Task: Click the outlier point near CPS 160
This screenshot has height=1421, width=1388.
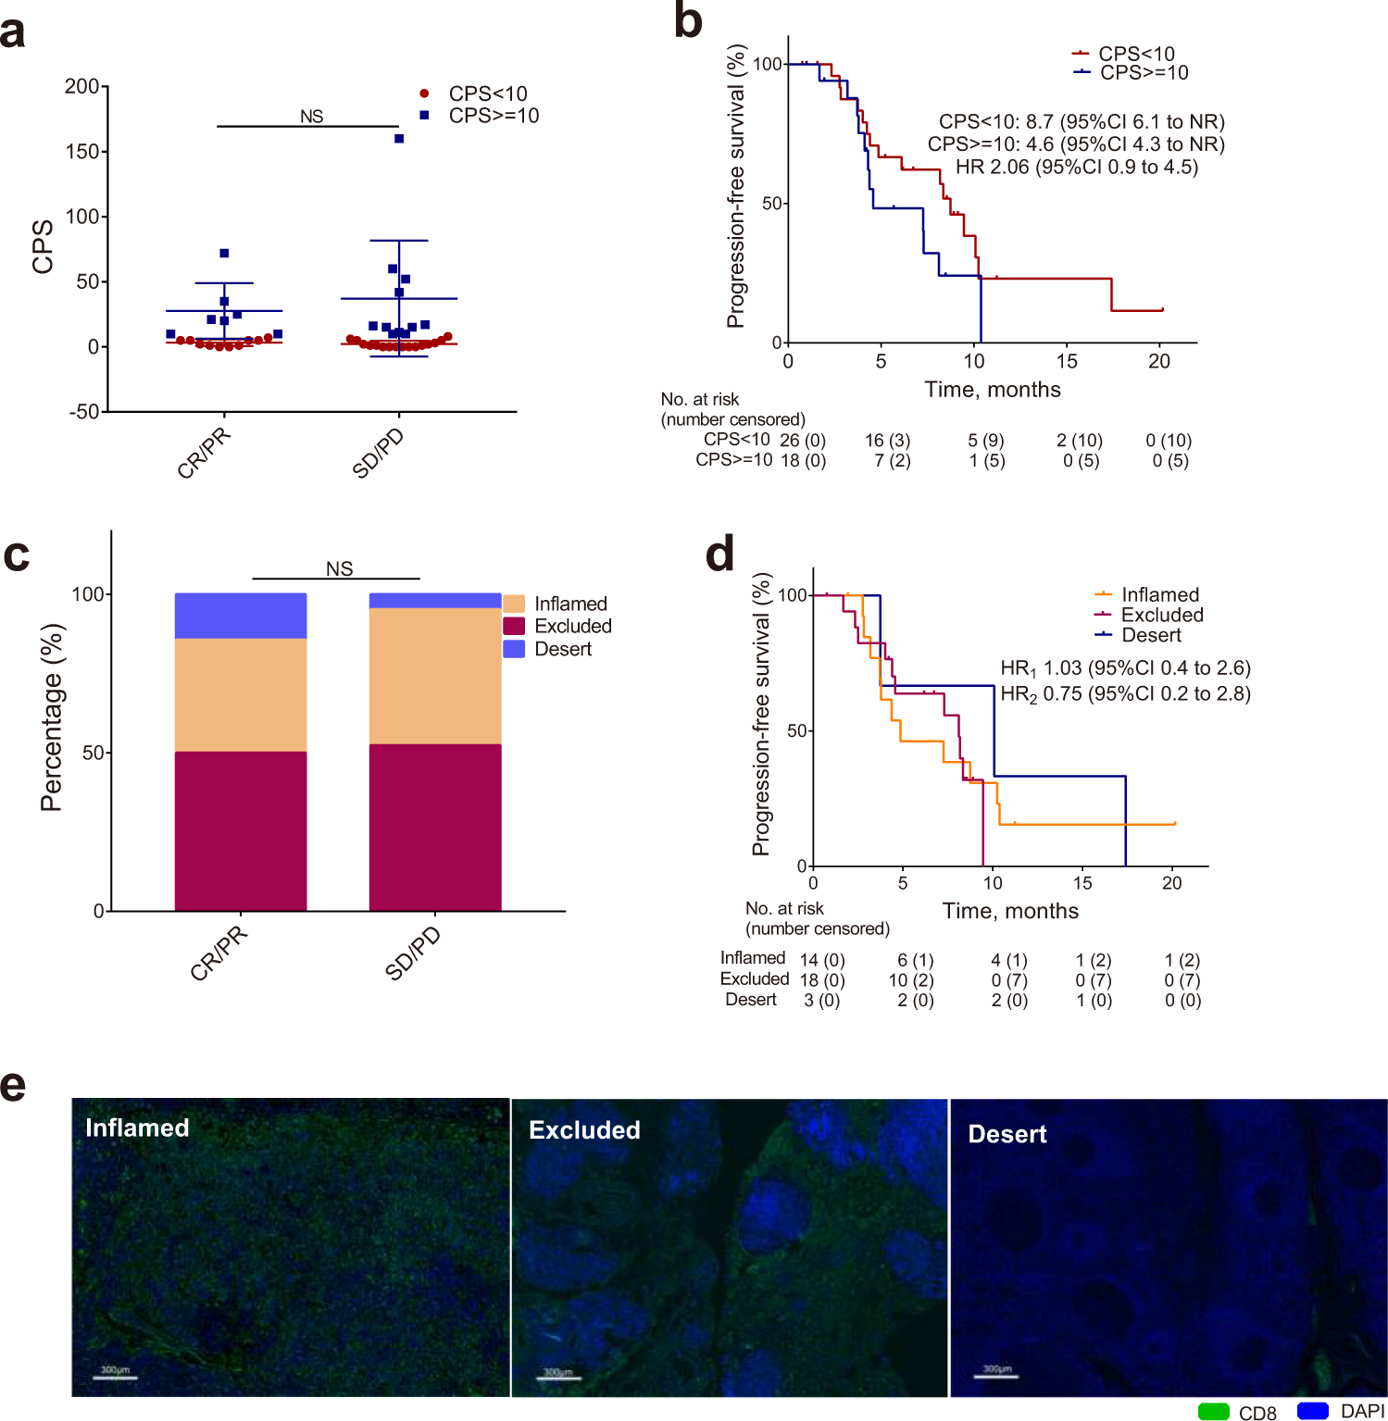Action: click(x=399, y=139)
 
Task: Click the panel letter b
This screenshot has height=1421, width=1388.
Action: click(x=688, y=22)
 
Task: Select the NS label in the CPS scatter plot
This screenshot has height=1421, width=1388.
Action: click(x=311, y=117)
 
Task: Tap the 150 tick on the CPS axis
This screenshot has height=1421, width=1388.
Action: click(x=82, y=151)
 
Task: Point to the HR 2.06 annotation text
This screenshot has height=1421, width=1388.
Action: click(x=1076, y=168)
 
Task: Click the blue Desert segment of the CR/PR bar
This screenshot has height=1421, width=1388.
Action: click(x=241, y=616)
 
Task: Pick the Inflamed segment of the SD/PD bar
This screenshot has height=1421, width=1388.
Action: click(x=435, y=676)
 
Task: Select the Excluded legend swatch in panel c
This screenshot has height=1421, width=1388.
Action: click(x=514, y=627)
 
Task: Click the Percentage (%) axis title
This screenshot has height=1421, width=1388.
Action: click(x=52, y=717)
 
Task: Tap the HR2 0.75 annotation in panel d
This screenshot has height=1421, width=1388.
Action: click(x=1125, y=694)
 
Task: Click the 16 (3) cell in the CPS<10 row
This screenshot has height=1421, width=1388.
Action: click(x=887, y=441)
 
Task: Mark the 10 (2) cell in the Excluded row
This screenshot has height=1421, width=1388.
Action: click(x=911, y=979)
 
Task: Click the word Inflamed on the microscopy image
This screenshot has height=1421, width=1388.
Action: click(x=137, y=1128)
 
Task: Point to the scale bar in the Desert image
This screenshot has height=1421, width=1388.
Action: click(x=996, y=1377)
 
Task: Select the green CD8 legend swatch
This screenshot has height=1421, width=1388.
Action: click(x=1213, y=1411)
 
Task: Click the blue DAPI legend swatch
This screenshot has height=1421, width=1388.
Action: click(x=1312, y=1411)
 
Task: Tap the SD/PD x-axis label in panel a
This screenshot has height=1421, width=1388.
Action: click(x=379, y=454)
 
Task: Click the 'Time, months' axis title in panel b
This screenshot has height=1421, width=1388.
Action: click(x=992, y=390)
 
